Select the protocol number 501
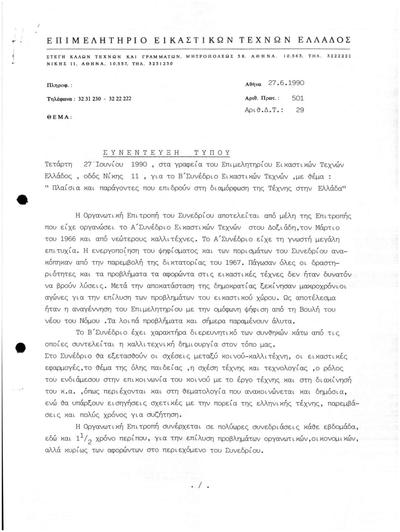point(298,98)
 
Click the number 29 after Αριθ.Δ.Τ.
point(300,110)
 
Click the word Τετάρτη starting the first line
point(59,164)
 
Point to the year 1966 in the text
point(67,239)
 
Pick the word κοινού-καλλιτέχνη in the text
point(256,357)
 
